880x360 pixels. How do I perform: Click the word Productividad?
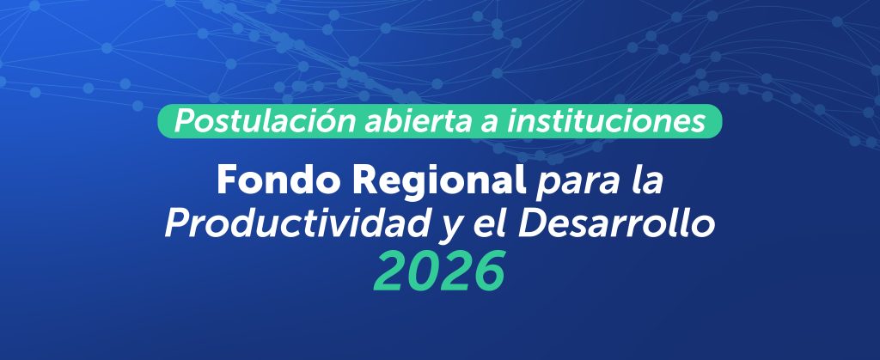(300, 224)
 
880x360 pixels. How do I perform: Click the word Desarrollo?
(616, 224)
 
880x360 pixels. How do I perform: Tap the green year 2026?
(440, 272)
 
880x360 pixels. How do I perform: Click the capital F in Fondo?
(227, 180)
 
